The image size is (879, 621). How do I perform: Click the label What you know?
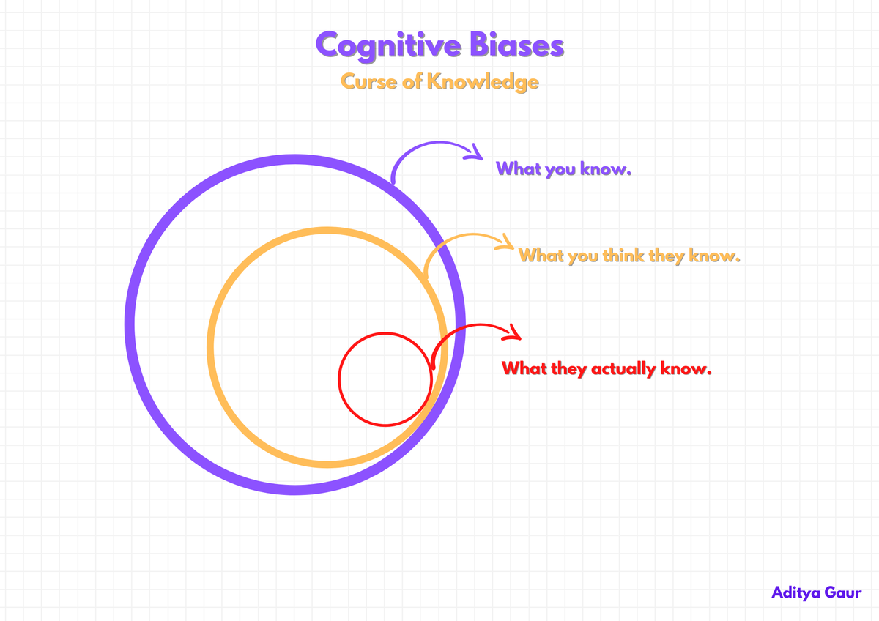coord(563,168)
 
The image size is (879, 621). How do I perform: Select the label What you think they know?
coord(629,256)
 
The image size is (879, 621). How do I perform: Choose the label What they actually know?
coord(607,368)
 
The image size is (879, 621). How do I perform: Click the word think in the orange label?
coord(623,256)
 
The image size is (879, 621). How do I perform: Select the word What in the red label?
coord(524,368)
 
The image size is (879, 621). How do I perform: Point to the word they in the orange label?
coord(666,256)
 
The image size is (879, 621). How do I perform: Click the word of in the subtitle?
coord(413,81)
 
